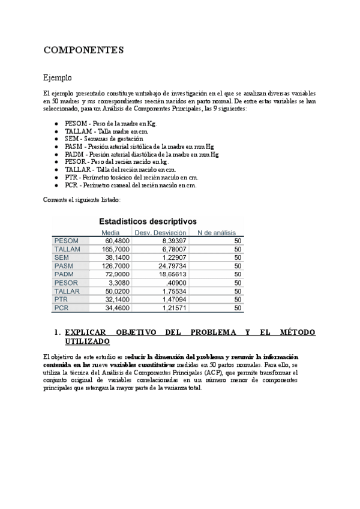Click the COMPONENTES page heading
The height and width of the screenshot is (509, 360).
(83, 50)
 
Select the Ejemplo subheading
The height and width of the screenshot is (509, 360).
(58, 78)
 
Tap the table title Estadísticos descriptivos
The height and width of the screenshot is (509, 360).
(148, 221)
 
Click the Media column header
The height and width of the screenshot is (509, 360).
(110, 232)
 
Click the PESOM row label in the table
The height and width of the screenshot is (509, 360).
(67, 241)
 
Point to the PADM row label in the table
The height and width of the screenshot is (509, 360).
(64, 274)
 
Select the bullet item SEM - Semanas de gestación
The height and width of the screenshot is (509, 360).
(100, 139)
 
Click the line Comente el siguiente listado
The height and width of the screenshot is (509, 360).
(82, 199)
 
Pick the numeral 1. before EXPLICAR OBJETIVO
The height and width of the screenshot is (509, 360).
(58, 332)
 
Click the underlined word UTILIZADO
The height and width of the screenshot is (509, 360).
(87, 341)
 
